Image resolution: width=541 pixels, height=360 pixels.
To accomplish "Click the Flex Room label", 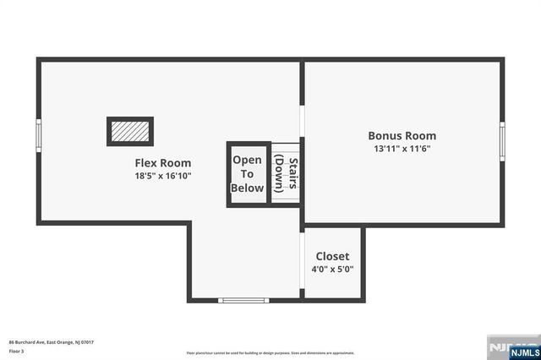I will point(163,163).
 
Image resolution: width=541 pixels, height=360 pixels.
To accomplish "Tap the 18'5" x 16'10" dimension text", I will point(163,177).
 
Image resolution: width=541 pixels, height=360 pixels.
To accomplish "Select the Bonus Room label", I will point(402,135).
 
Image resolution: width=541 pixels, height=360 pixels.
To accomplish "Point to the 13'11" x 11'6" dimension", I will point(402,149).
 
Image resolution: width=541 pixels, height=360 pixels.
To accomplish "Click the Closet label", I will point(332,256).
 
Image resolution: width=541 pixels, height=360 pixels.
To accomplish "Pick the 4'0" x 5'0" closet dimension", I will point(332,270).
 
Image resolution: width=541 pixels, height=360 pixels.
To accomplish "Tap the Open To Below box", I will point(248,174).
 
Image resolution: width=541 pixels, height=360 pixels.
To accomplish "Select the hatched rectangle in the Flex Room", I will point(130,131).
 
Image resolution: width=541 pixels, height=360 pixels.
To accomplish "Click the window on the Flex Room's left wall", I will point(38,135).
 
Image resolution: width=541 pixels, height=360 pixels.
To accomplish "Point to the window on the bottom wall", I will point(243,300).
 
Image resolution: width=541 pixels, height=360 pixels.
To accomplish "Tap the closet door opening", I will point(303,261).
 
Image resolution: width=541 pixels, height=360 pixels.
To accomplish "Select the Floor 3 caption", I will point(17,350).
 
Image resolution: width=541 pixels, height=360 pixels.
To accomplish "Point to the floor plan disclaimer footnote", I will point(270,353).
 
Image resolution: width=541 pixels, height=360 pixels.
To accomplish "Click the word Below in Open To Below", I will point(248,188).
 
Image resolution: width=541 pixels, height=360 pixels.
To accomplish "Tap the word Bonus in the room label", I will point(384,135).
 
